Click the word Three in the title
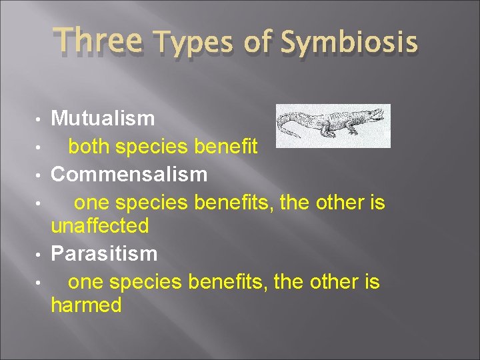98,40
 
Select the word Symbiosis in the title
349,43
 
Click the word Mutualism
103,119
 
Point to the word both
89,146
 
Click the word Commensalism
129,175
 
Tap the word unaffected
100,226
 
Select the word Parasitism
105,253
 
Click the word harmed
87,305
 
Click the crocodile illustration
333,125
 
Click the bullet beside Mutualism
41,120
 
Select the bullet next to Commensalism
41,175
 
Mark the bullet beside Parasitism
41,255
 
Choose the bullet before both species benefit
41,147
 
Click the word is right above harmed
370,281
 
